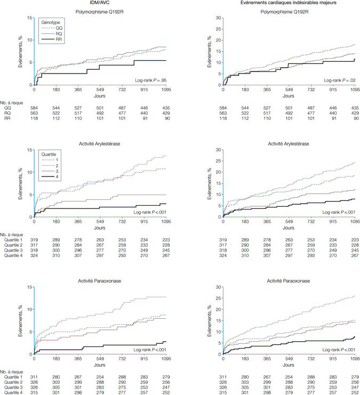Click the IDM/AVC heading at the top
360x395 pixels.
click(x=100, y=4)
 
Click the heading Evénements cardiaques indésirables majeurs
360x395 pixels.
click(x=289, y=4)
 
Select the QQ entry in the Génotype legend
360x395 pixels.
click(x=59, y=28)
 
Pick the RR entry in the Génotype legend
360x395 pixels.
click(x=59, y=41)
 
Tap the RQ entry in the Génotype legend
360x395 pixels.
click(x=59, y=34)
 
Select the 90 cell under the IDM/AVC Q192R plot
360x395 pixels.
click(x=166, y=118)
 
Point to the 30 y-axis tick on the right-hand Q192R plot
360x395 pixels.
click(x=218, y=18)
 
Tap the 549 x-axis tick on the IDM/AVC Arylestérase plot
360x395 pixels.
click(x=100, y=221)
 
